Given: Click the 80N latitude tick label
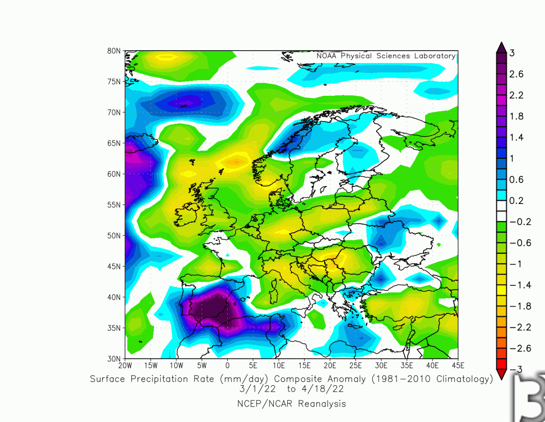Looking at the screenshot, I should [x=114, y=51].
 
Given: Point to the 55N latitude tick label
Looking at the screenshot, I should [x=114, y=205].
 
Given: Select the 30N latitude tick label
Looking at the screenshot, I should [x=114, y=359].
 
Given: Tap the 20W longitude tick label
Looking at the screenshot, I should [x=125, y=365].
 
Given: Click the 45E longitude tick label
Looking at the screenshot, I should [x=458, y=365].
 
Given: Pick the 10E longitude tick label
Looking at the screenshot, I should [x=278, y=365].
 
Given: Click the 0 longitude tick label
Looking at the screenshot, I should [x=227, y=365].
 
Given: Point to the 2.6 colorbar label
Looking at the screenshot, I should [x=516, y=74].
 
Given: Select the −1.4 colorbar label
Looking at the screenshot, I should [x=520, y=285].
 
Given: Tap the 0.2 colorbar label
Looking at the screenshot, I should [x=516, y=201].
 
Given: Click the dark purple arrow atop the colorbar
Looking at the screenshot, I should [x=502, y=47].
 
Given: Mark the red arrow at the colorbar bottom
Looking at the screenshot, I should [x=502, y=374].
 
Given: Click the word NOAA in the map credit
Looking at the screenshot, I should [x=326, y=56].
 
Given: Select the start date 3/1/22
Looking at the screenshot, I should [x=258, y=389].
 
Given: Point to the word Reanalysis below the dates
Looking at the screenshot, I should [x=322, y=404].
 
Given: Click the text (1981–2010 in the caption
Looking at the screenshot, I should [x=398, y=379].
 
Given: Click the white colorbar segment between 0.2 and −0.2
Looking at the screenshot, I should [x=502, y=211].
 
